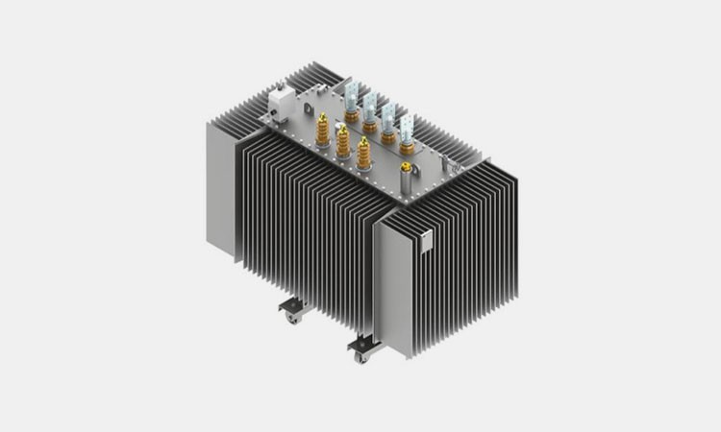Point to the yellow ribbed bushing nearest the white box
coord(323,131)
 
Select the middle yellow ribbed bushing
coord(343,142)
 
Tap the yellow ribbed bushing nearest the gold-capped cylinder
coord(363,154)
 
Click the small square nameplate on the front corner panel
coord(426,242)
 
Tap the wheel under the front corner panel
coord(360,357)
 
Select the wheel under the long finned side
coord(292,318)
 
